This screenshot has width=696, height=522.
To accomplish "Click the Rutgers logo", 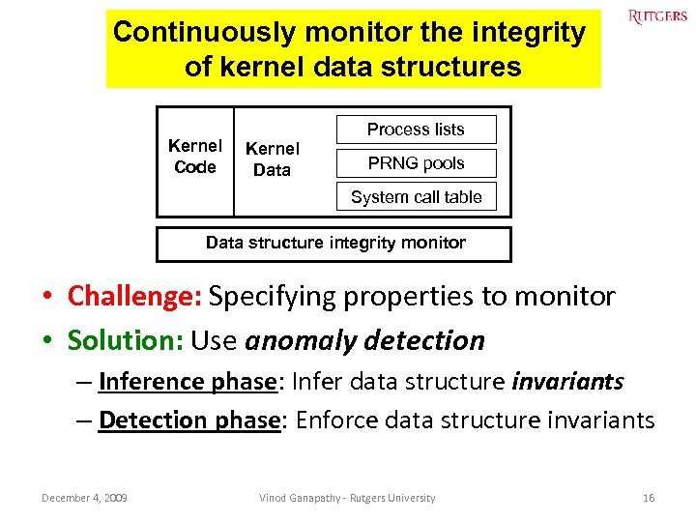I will coord(657,17).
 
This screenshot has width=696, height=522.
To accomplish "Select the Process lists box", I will coord(416,130).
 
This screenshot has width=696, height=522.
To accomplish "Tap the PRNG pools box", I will coord(416,163).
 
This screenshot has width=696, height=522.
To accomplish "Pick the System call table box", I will coord(416,197).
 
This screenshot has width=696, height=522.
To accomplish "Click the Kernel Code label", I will coord(195,157).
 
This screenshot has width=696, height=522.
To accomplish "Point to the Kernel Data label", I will coord(272,159).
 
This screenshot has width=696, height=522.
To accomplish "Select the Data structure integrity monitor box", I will coord(334,244).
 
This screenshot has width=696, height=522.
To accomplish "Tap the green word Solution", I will coord(126,340).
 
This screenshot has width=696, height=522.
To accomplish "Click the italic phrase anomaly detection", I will coord(365,340).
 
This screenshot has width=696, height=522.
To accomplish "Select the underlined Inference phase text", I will coord(188,382).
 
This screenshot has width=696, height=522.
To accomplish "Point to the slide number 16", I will coord(649,498).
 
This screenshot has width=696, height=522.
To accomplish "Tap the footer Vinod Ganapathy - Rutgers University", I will coord(347,498).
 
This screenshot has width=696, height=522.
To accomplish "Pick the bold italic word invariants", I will coord(567,382).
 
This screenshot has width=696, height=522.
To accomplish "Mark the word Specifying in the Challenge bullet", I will coord(270,297).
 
